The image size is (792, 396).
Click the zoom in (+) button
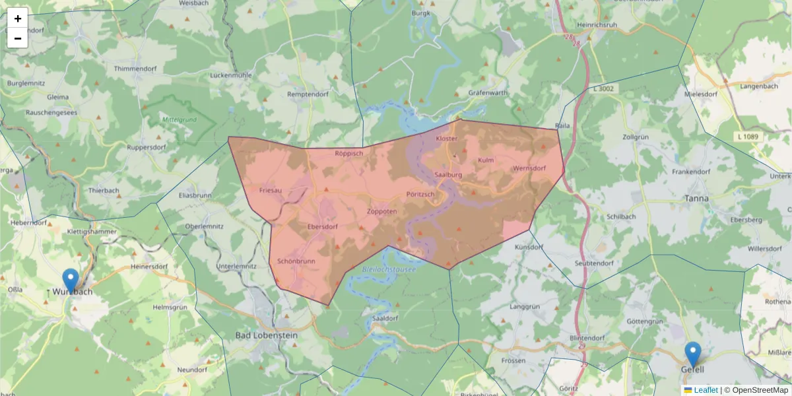click(18, 18)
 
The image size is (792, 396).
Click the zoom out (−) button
click(18, 38)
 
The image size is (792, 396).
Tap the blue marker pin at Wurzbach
click(70, 280)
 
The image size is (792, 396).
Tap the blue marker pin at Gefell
click(692, 354)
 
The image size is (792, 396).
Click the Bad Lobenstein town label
click(267, 335)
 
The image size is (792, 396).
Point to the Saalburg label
click(448, 175)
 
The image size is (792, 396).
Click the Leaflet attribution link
click(706, 390)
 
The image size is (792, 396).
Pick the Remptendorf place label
click(308, 94)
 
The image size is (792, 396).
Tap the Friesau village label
click(271, 190)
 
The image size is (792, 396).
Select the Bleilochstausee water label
click(389, 269)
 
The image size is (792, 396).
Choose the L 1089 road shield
click(746, 136)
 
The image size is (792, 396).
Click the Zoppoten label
click(381, 212)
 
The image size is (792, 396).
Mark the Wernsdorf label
click(529, 168)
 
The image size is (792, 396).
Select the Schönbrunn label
click(296, 261)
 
